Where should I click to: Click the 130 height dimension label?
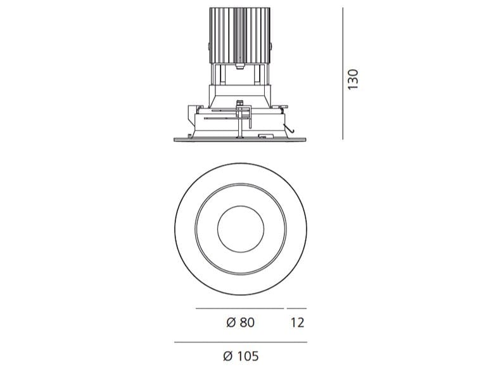click(x=353, y=79)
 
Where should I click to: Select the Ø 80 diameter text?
click(x=240, y=323)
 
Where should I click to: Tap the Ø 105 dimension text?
click(x=241, y=356)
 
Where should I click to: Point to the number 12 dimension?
click(x=297, y=323)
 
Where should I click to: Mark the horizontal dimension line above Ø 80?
click(x=239, y=308)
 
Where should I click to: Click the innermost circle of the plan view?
click(x=239, y=230)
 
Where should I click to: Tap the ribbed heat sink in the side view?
click(x=239, y=35)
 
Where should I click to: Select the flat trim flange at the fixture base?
click(x=239, y=137)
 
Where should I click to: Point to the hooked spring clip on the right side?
click(x=289, y=130)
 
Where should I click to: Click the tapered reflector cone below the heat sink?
click(x=239, y=95)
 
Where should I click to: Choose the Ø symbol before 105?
click(x=229, y=356)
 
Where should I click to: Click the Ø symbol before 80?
click(x=231, y=323)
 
